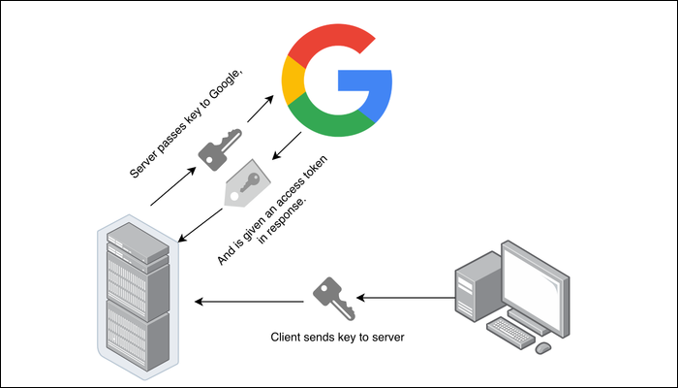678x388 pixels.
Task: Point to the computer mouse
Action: click(x=543, y=346)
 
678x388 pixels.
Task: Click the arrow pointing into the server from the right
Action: click(x=247, y=302)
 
